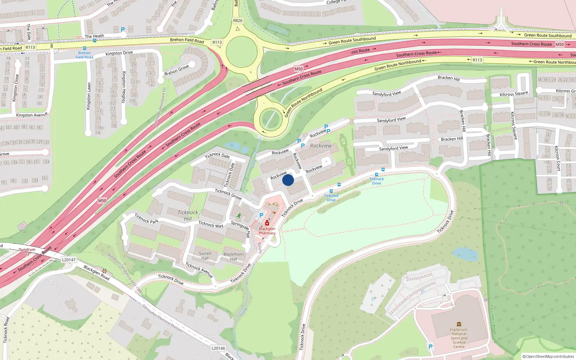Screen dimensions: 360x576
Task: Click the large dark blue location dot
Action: [288, 180]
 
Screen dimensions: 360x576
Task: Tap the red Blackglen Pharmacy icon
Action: [267, 223]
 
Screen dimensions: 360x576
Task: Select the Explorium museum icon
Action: [459, 324]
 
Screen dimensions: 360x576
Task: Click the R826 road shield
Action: [238, 21]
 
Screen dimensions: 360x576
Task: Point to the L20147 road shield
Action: [68, 260]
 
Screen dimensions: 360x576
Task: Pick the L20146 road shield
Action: [218, 348]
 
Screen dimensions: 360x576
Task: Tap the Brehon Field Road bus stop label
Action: [84, 55]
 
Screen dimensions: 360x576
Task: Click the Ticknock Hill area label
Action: [188, 215]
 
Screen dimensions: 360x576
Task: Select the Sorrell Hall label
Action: [205, 256]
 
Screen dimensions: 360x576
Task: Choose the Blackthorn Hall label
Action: [234, 256]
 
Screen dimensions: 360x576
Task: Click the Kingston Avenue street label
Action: [32, 115]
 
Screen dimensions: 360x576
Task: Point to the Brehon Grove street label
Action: [176, 70]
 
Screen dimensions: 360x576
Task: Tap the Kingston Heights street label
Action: [124, 87]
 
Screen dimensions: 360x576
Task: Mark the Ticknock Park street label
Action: [147, 219]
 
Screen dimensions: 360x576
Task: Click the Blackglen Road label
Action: [96, 273]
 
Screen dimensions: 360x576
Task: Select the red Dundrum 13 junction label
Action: [27, 252]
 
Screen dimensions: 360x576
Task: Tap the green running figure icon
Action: [239, 216]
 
